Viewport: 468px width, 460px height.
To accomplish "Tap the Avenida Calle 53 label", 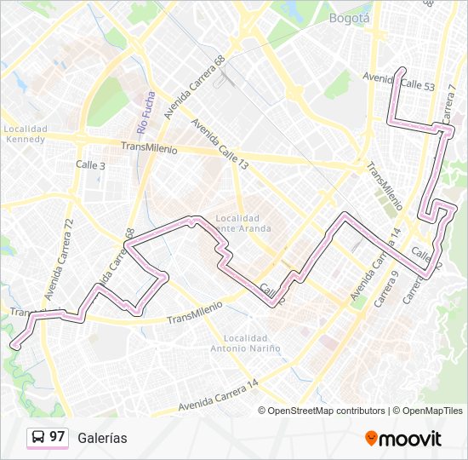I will point(399,82).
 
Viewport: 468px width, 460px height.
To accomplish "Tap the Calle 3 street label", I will point(90,165).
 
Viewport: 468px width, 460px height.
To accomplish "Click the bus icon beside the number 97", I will point(38,437).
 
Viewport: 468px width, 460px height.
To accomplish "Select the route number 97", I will point(57,437).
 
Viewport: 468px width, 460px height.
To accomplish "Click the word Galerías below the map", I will point(102,438).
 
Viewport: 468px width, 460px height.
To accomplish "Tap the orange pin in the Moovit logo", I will point(371,438).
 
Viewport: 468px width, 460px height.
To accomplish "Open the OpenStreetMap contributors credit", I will point(326,411).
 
